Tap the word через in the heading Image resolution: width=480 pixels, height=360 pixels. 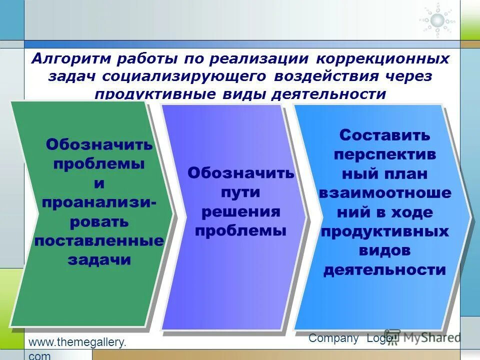tap(409, 76)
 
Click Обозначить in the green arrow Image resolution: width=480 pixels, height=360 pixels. tap(99, 145)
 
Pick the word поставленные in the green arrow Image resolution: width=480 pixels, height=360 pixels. tap(99, 241)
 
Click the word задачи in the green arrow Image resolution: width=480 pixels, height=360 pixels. tap(99, 260)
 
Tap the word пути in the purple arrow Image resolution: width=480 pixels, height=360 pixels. tap(240, 192)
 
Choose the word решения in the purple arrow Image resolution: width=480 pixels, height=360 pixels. tap(240, 211)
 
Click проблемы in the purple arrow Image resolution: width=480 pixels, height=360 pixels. tap(240, 230)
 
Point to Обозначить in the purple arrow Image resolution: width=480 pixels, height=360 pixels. tap(240, 173)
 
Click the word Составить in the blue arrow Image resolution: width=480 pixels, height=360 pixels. tap(384, 135)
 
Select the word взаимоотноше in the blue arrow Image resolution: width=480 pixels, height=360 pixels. tap(384, 193)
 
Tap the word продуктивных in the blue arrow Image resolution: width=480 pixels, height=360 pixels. tap(384, 231)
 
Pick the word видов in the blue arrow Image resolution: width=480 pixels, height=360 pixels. tap(384, 250)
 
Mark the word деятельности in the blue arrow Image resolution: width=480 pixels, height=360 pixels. tap(384, 270)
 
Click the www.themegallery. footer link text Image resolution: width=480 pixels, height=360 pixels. tap(77, 342)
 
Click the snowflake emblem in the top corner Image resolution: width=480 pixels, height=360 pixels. tap(437, 20)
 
